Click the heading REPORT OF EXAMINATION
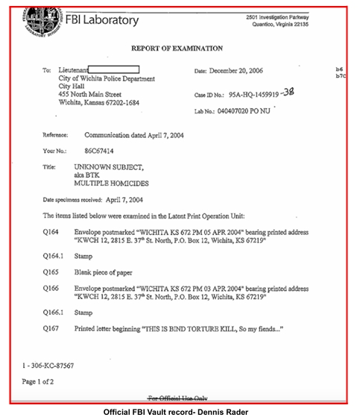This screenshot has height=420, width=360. click(x=177, y=48)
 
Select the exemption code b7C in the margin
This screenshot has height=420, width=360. click(x=341, y=76)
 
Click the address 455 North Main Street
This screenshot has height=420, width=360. click(x=90, y=95)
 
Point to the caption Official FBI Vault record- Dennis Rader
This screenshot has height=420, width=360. click(x=180, y=412)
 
